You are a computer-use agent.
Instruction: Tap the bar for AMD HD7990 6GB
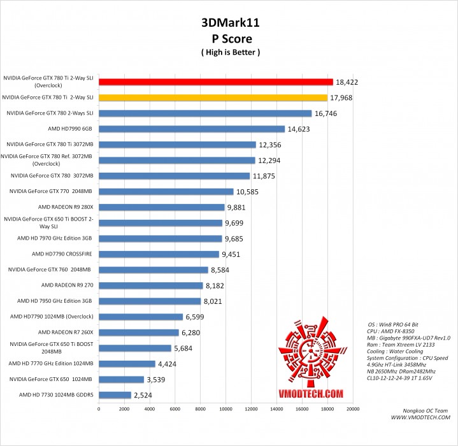[192, 129]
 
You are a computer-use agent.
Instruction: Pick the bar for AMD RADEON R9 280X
[162, 207]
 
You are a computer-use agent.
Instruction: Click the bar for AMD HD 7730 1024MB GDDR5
[115, 395]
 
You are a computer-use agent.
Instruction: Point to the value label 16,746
[327, 113]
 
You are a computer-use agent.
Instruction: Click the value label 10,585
[249, 192]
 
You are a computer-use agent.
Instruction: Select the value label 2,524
[147, 395]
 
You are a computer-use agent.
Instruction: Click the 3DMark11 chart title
[229, 23]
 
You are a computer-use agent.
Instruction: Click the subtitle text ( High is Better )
[229, 51]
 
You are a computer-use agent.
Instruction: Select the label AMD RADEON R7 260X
[66, 332]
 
